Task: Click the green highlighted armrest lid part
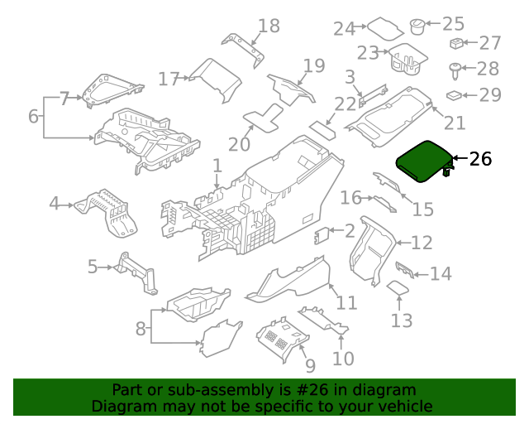point(423,161)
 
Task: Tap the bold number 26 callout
point(481,158)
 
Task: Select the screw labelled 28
point(455,71)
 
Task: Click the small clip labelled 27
point(456,43)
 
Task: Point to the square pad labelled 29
point(454,95)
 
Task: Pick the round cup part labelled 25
point(417,26)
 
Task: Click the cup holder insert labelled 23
point(407,59)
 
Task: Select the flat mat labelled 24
point(385,27)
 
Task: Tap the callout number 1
point(217,166)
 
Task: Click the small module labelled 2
point(322,235)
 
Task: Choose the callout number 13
point(402,320)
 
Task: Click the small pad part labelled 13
point(398,287)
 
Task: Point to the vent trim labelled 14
point(405,270)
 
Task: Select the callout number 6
point(33,116)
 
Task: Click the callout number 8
point(141,328)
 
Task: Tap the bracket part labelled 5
point(136,272)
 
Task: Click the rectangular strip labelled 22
point(322,131)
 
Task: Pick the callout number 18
point(269,26)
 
